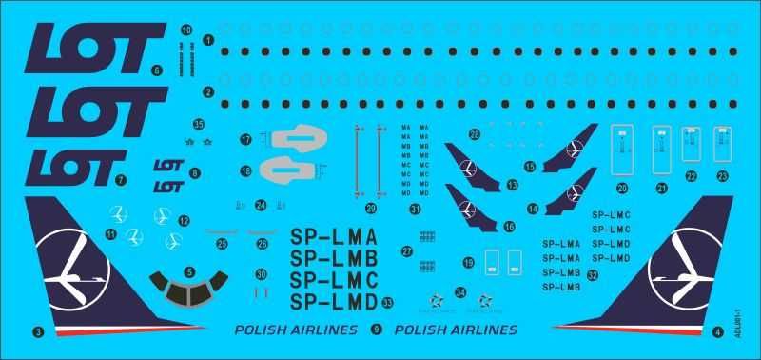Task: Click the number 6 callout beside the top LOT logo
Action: point(157,70)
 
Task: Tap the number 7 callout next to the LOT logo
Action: point(121,179)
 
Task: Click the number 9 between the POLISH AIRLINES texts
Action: point(377,330)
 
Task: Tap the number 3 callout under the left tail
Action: point(38,332)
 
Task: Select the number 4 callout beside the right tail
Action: point(716,332)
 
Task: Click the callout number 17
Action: point(245,140)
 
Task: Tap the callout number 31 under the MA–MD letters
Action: point(415,209)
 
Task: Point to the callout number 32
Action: point(593,275)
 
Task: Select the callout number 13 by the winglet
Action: point(514,184)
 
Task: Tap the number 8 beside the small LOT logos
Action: point(195,173)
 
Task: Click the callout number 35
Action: point(199,124)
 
